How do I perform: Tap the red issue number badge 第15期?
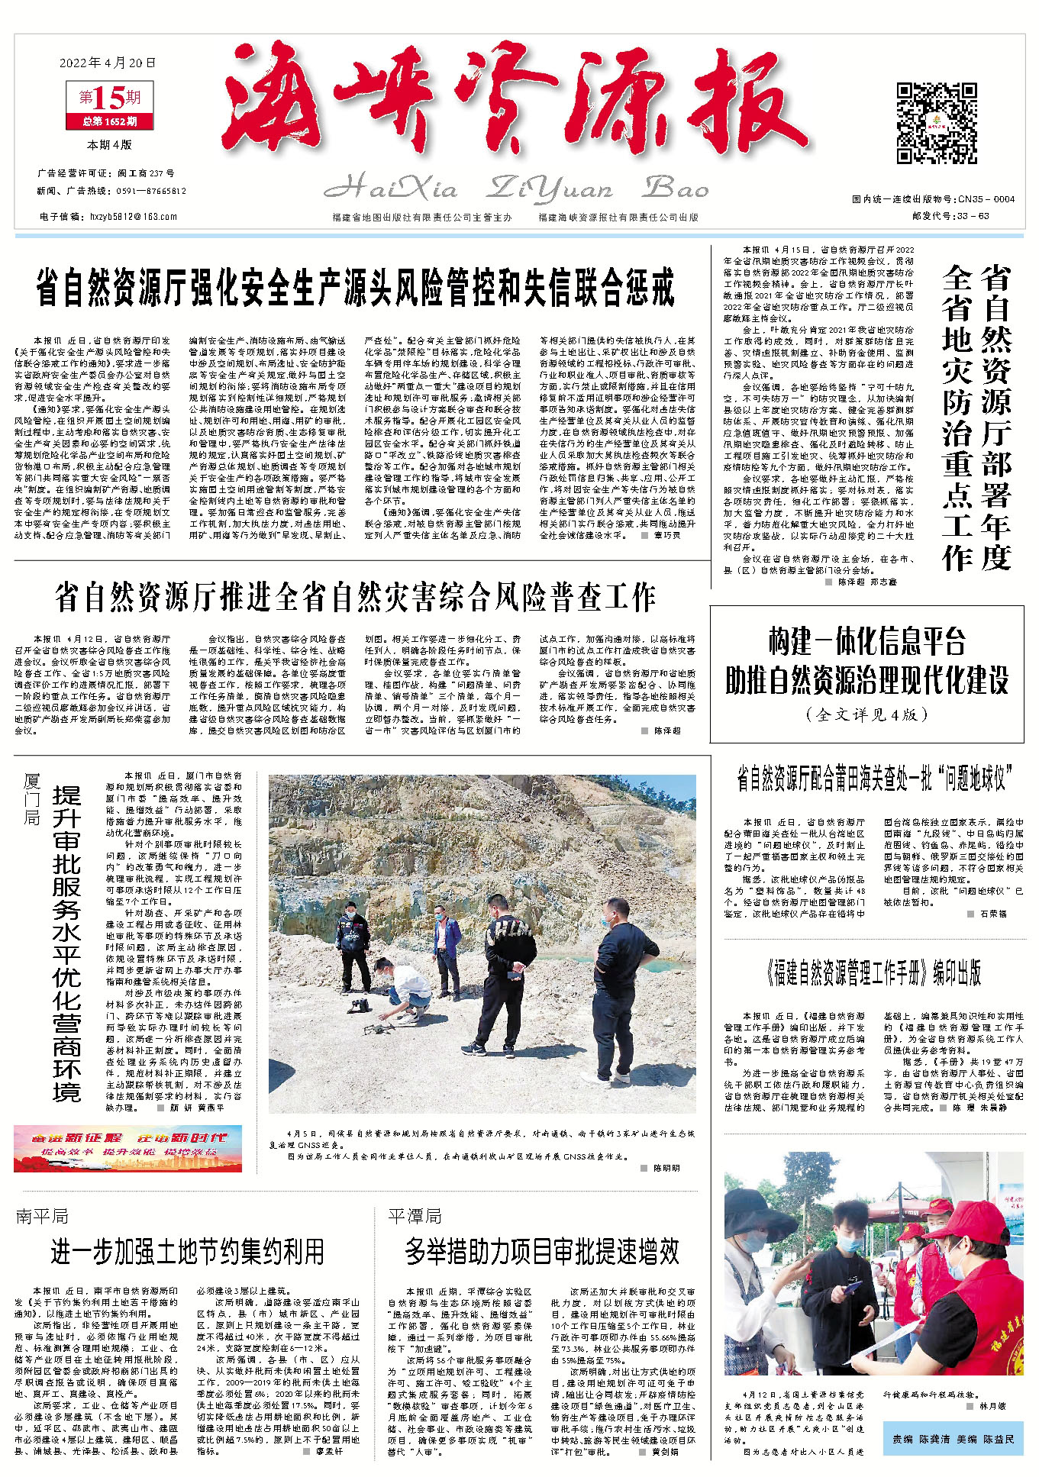(x=110, y=98)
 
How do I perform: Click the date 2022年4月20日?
(x=107, y=63)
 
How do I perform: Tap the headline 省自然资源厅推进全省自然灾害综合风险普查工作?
(x=355, y=598)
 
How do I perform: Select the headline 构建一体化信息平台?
(x=866, y=642)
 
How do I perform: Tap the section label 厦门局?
(x=31, y=798)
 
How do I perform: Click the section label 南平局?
(x=42, y=1215)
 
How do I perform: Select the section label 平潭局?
(x=415, y=1215)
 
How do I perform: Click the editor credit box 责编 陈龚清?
(x=952, y=1439)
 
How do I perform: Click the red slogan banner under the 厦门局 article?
(x=127, y=1148)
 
